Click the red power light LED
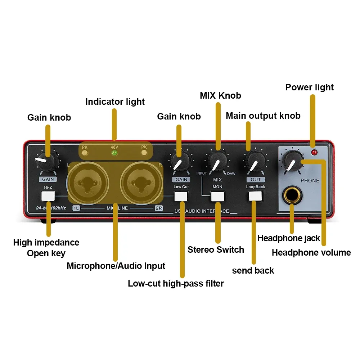point(314,152)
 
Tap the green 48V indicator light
point(115,153)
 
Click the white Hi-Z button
point(48,196)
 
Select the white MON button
point(217,196)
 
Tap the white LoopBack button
point(255,196)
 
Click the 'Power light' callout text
point(310,87)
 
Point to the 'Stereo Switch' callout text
point(216,250)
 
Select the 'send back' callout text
point(253,271)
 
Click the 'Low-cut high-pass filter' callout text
point(176,284)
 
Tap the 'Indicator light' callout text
point(115,102)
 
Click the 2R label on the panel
point(158,208)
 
